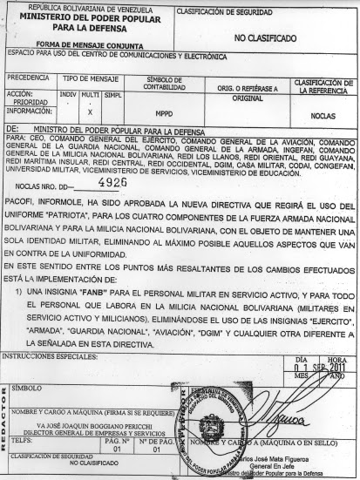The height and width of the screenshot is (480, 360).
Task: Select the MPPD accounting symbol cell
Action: tap(164, 113)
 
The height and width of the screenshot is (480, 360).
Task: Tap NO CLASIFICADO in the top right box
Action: tap(267, 38)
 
